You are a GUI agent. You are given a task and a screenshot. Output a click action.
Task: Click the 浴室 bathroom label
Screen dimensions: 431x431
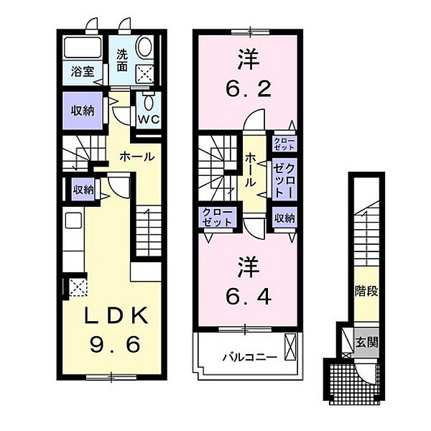click(83, 72)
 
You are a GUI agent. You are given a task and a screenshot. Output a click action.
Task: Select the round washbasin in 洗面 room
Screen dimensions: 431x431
click(144, 47)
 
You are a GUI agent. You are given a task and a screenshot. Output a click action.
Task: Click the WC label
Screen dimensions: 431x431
click(149, 119)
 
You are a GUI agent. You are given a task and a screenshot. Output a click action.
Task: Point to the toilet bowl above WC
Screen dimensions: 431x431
click(149, 102)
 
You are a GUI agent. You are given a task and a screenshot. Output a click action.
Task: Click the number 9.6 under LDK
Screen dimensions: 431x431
click(116, 345)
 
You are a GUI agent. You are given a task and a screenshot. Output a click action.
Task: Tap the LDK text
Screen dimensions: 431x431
click(116, 315)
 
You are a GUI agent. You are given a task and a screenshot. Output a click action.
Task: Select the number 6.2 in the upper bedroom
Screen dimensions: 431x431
click(249, 88)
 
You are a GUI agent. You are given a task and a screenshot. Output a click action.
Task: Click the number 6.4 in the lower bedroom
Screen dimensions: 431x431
click(249, 296)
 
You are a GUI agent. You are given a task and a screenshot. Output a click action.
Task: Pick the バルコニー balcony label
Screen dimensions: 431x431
click(250, 358)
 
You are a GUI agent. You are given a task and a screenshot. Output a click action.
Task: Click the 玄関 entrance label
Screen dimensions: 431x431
click(366, 343)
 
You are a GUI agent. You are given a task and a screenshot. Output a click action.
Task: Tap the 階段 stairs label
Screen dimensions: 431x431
click(366, 292)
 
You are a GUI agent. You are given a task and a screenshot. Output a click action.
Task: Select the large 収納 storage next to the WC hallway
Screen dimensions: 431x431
click(83, 111)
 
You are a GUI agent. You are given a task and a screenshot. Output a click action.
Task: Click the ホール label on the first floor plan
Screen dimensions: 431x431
click(137, 157)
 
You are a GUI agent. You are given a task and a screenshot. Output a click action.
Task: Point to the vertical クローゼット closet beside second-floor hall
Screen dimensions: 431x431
click(284, 180)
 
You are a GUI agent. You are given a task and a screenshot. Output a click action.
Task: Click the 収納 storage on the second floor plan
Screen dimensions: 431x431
click(284, 218)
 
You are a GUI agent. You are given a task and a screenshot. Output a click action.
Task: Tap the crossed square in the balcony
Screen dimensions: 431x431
click(290, 347)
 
